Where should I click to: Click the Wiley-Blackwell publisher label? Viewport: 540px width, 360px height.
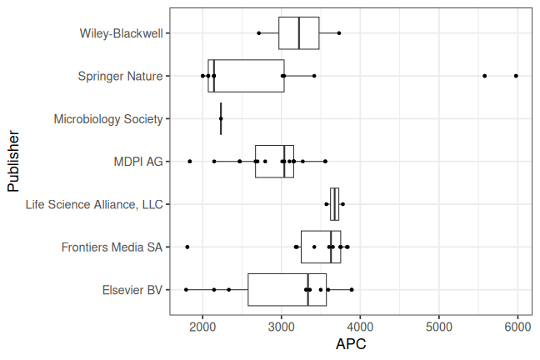[121, 33]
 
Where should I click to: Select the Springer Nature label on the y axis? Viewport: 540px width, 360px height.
[120, 76]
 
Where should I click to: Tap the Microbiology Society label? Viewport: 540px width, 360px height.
[107, 119]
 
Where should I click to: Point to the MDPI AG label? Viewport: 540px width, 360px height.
[137, 162]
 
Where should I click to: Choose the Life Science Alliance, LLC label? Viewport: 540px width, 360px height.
[93, 204]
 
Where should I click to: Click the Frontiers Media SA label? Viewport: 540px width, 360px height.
[112, 247]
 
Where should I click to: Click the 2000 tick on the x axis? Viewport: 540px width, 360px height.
[202, 327]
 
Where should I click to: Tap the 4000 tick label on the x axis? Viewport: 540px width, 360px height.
[360, 327]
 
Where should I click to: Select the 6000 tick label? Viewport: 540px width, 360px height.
[517, 327]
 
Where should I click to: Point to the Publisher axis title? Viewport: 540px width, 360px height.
[13, 161]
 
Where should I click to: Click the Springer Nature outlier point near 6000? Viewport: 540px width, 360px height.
[516, 76]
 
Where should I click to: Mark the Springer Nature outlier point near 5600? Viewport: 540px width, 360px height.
[484, 76]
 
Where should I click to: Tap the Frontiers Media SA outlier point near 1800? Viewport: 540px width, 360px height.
[187, 247]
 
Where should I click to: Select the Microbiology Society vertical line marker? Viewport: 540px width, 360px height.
[221, 118]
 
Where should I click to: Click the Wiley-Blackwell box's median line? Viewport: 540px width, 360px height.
[298, 33]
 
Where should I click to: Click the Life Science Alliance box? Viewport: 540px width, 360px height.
[334, 204]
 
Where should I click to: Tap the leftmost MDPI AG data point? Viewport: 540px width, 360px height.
[190, 162]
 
